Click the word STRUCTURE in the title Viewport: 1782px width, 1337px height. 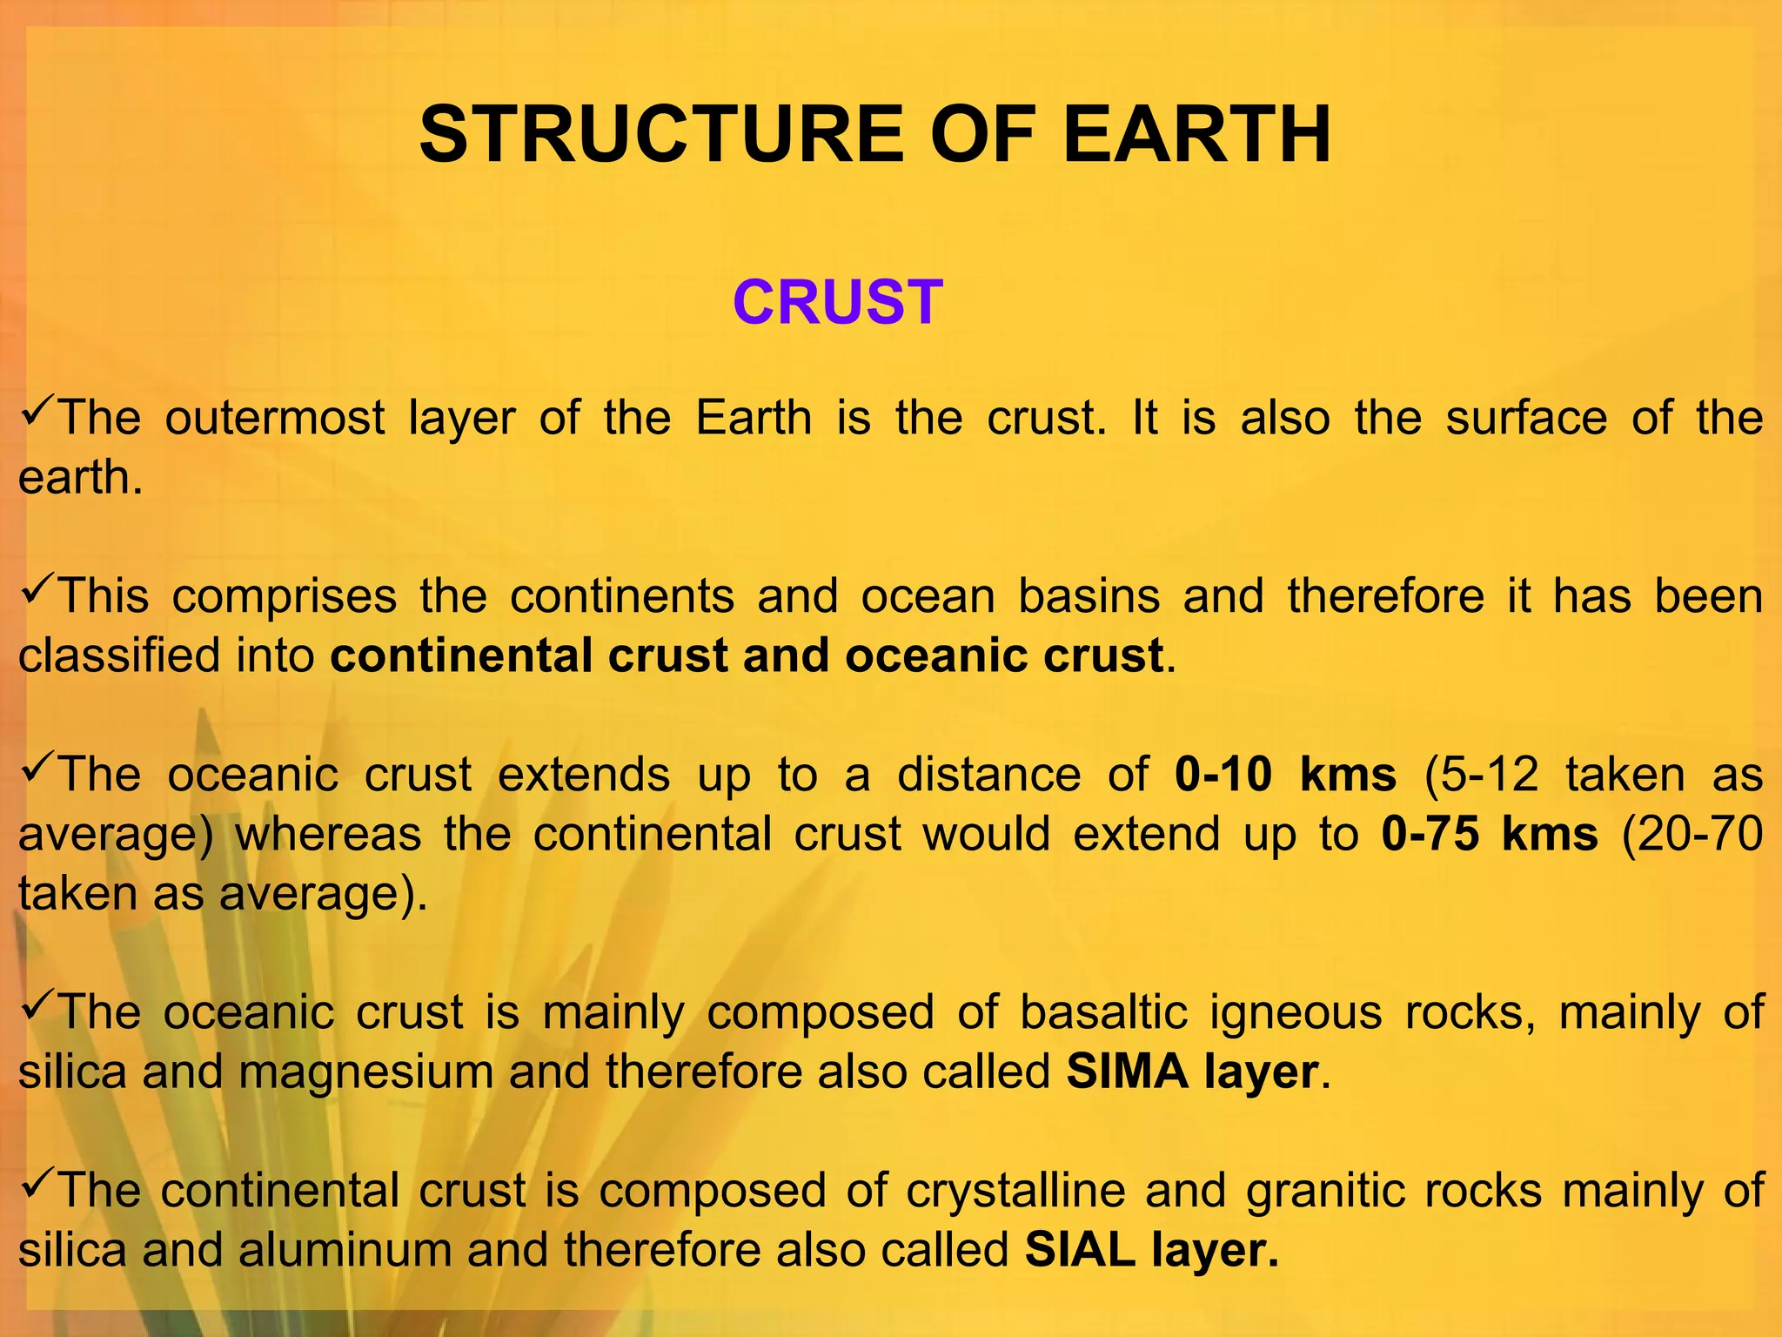[661, 135]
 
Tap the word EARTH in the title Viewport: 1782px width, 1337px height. [1196, 135]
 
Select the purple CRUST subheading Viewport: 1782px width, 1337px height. [838, 303]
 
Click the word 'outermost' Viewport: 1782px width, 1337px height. [275, 418]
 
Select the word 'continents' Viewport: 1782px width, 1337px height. [622, 596]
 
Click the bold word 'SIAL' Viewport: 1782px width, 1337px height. [1080, 1249]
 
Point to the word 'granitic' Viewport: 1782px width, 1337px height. [1326, 1190]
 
